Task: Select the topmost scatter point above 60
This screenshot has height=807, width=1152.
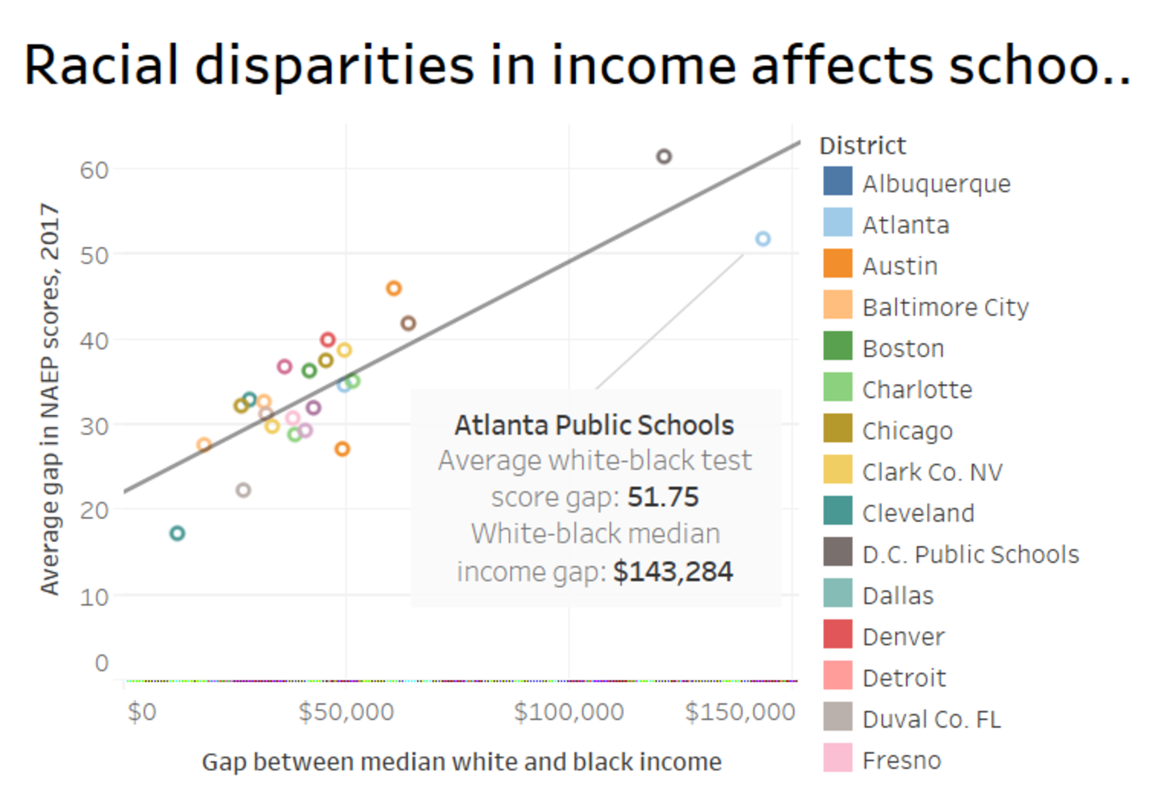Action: coord(664,157)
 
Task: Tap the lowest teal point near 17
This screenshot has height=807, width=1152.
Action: coord(177,533)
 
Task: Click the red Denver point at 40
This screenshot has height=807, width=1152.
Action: coord(328,339)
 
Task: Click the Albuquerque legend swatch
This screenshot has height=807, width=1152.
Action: coord(837,181)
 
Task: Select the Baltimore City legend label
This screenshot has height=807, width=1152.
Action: coord(945,307)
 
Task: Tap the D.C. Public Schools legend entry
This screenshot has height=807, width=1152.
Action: coord(970,554)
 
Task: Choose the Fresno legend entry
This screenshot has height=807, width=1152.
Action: coord(901,760)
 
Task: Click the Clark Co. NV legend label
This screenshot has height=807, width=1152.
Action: coord(932,472)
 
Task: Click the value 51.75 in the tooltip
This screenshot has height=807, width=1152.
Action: coord(663,497)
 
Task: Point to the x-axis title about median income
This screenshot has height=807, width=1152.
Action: coord(462,762)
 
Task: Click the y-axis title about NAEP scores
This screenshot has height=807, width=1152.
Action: coord(50,399)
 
